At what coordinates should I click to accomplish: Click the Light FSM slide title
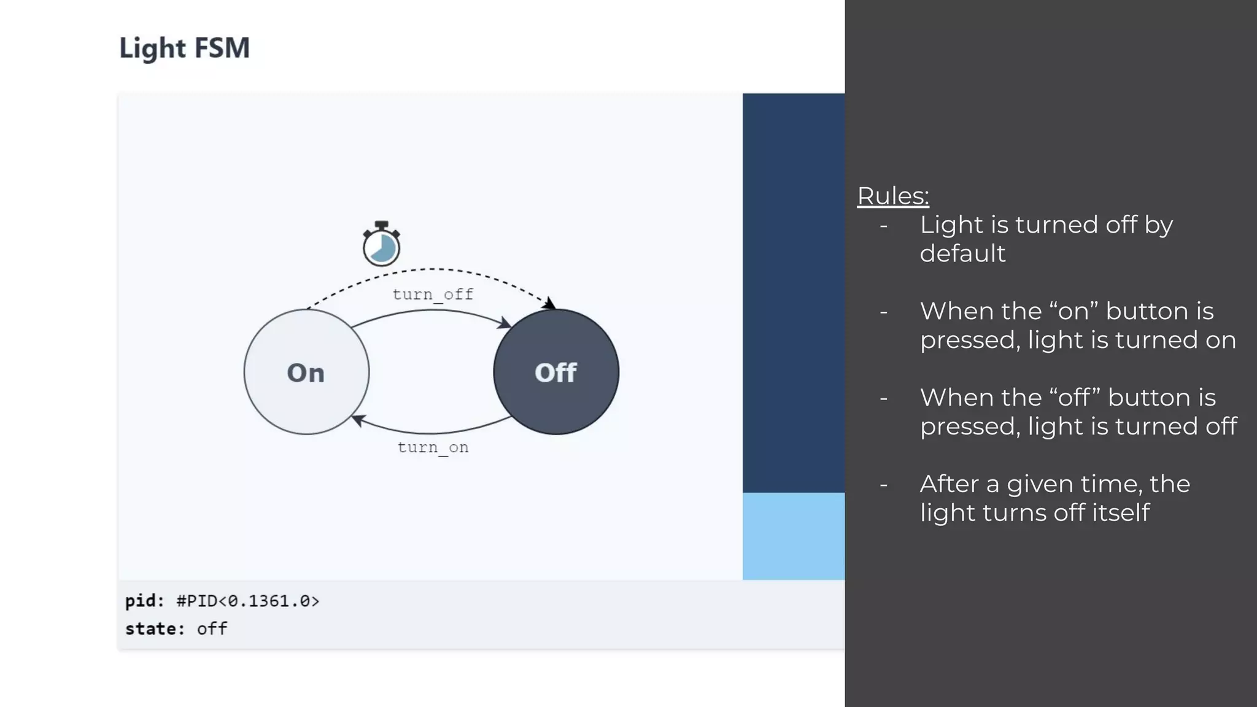click(184, 48)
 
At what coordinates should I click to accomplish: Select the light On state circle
click(306, 372)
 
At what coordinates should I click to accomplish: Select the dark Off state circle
click(556, 372)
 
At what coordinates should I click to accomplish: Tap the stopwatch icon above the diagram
click(381, 244)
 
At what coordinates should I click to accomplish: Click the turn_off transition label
click(433, 295)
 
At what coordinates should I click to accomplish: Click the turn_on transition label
click(433, 447)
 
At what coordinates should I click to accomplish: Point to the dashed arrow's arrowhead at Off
click(550, 303)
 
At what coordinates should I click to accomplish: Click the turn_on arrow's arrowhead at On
click(358, 420)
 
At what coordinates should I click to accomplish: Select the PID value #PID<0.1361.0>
click(248, 601)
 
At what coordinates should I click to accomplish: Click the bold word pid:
click(145, 601)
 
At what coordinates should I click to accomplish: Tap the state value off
click(212, 629)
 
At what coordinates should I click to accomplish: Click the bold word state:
click(155, 629)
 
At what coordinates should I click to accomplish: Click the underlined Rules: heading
click(892, 196)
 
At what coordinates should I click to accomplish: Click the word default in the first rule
click(962, 253)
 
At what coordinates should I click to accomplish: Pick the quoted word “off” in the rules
click(1075, 398)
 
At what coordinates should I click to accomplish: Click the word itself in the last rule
click(1121, 512)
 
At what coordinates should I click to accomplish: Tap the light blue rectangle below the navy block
click(793, 536)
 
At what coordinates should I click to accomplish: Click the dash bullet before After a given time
click(883, 485)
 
